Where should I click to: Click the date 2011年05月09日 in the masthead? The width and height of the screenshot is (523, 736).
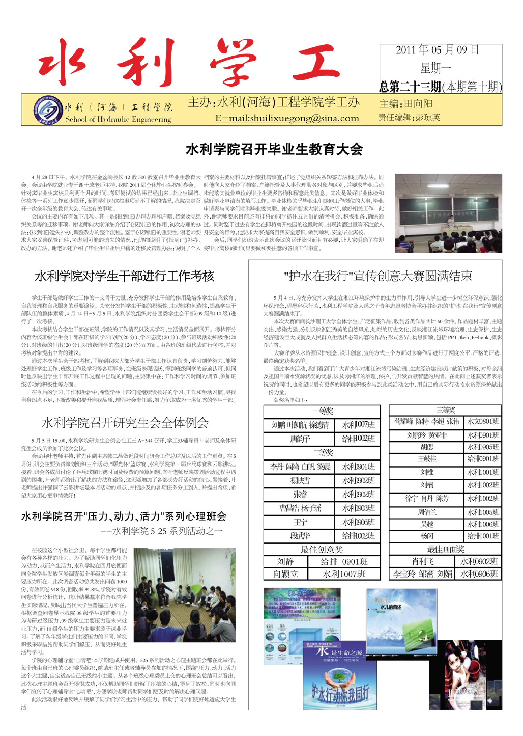pyautogui.click(x=437, y=50)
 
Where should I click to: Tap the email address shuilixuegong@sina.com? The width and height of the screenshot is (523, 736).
pyautogui.click(x=287, y=118)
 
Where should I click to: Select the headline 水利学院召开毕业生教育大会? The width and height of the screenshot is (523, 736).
pyautogui.click(x=274, y=149)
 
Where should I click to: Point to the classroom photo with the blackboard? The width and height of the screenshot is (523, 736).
pyautogui.click(x=448, y=213)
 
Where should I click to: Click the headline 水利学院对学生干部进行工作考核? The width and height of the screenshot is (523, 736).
pyautogui.click(x=125, y=276)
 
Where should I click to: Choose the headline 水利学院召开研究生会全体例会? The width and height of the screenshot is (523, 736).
pyautogui.click(x=125, y=423)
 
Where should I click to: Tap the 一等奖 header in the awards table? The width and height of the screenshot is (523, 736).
pyautogui.click(x=322, y=411)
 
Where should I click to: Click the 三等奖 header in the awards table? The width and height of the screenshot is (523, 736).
pyautogui.click(x=445, y=410)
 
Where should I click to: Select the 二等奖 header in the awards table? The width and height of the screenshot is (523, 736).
pyautogui.click(x=322, y=452)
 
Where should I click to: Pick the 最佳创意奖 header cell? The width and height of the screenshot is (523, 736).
pyautogui.click(x=322, y=549)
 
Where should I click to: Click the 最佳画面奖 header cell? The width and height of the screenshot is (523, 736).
pyautogui.click(x=445, y=549)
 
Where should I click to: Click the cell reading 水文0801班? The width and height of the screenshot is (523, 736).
pyautogui.click(x=483, y=422)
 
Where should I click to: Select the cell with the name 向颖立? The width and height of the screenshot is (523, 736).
pyautogui.click(x=285, y=574)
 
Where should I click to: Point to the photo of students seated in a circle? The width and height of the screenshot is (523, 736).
pyautogui.click(x=184, y=595)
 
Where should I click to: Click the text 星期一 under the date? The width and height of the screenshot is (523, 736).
pyautogui.click(x=436, y=68)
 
